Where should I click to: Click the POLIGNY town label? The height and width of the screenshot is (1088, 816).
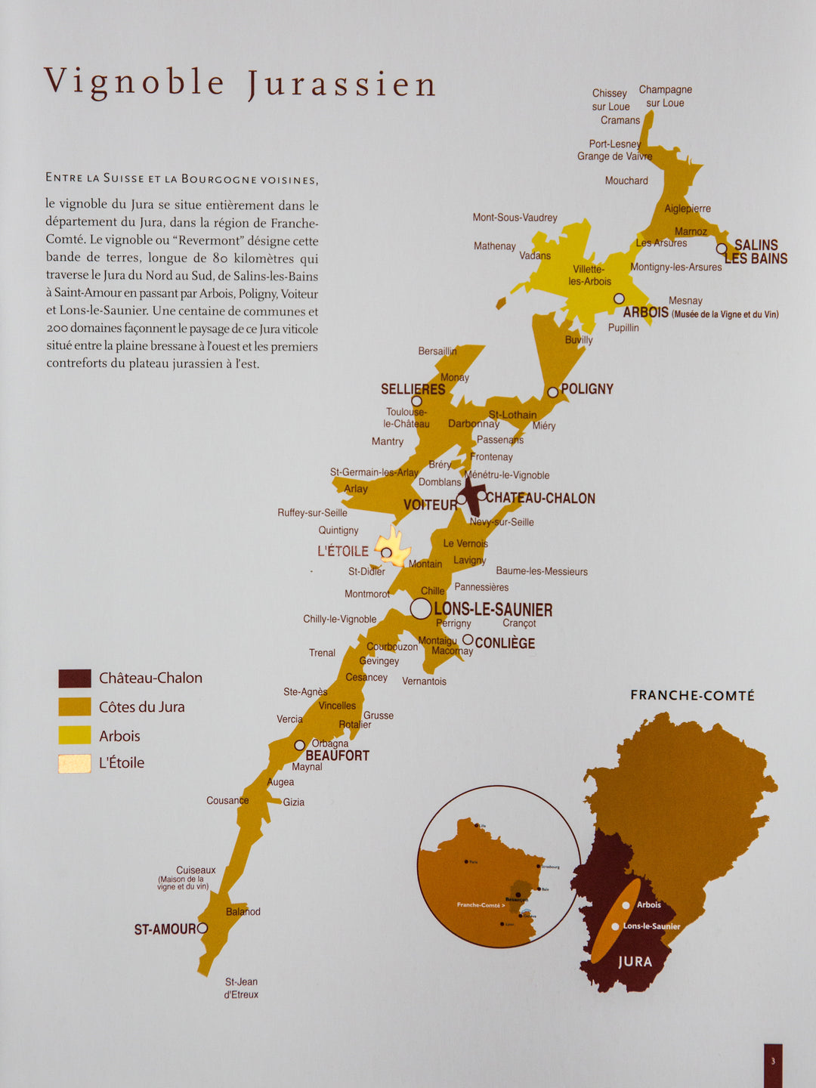point(586,389)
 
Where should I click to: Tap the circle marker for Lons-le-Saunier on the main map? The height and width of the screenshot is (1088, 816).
point(421,608)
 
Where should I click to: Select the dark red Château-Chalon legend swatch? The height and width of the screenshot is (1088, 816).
point(75,678)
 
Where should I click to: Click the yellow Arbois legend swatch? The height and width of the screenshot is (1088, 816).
point(75,735)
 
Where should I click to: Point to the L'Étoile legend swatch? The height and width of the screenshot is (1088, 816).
point(75,763)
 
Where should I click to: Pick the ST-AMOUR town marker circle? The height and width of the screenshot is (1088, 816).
point(202,928)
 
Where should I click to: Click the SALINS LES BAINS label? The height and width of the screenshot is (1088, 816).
point(756,252)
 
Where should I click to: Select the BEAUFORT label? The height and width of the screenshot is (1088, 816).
point(337,756)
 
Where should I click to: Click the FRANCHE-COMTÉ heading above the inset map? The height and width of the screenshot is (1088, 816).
point(692,695)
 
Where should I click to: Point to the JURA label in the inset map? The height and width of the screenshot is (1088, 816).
point(635,962)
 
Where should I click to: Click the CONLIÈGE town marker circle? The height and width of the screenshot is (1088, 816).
point(468,640)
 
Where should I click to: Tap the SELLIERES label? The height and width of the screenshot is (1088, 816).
point(413,389)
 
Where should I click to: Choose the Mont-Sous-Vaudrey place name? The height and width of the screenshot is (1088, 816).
point(515,218)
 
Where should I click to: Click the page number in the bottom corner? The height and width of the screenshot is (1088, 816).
point(773,1062)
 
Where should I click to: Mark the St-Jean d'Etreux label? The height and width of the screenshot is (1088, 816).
point(241,988)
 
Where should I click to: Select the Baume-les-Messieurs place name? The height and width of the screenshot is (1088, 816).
point(541,571)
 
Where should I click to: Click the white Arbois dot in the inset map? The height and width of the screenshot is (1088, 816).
point(626,905)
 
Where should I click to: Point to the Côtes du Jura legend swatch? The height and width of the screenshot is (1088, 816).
point(75,706)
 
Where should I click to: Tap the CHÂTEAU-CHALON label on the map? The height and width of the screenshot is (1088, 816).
point(540,499)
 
